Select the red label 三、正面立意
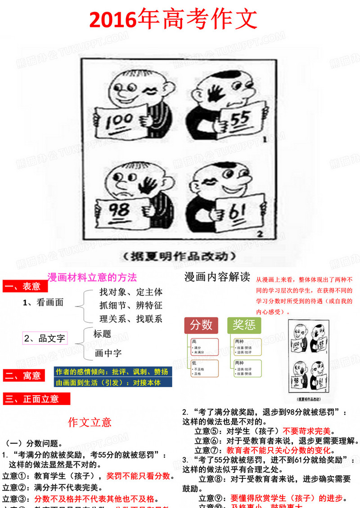point(36,399)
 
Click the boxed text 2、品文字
point(45,338)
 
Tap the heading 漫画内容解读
point(217,277)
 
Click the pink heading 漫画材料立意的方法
point(92,277)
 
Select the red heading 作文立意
point(90,422)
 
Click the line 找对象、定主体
point(131,292)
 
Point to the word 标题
point(102,334)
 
